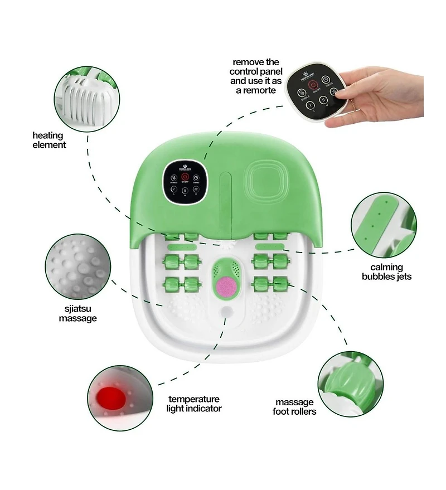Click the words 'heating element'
[x=49, y=140]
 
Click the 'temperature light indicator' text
[x=195, y=404]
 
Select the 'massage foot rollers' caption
[x=294, y=406]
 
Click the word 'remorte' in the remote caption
[x=255, y=90]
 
